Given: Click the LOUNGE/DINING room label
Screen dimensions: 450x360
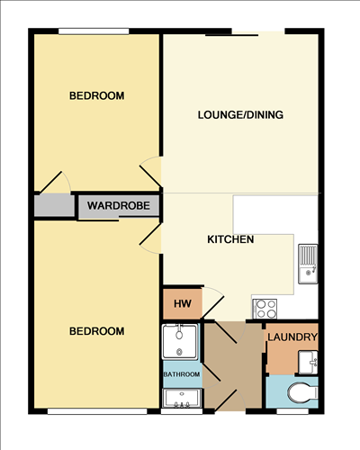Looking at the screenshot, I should [240, 114].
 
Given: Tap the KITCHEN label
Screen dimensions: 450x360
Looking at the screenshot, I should [230, 239].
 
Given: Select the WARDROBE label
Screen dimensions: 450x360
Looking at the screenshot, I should [118, 205].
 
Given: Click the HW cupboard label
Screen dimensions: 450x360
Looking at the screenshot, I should [181, 303].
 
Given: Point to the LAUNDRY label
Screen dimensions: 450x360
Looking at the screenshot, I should [292, 337].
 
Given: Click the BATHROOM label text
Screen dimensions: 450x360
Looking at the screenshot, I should [181, 373].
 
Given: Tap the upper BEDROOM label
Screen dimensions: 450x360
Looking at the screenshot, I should [96, 95].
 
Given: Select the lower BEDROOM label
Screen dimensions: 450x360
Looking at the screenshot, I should [96, 331].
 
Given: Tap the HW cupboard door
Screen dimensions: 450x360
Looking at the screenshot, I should [212, 302].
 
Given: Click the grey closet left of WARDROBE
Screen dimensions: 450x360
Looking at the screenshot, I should [53, 205].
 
